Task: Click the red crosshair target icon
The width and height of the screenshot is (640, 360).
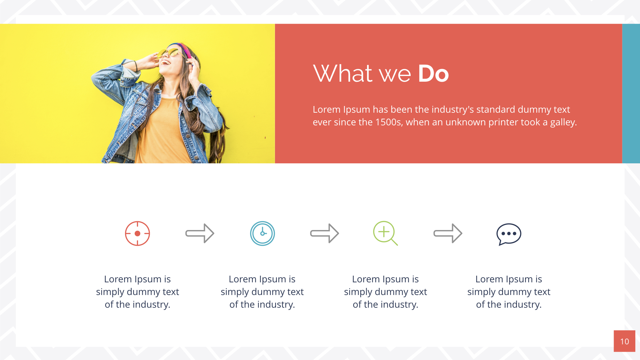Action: tap(137, 233)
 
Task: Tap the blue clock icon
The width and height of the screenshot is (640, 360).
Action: tap(262, 233)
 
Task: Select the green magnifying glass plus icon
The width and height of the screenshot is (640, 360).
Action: tap(385, 233)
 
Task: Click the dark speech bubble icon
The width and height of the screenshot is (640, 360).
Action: tap(509, 234)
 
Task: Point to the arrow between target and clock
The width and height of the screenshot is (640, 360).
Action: tap(200, 233)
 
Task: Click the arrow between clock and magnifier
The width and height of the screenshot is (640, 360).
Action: tap(325, 233)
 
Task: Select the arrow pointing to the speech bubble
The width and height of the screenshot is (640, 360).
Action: tap(448, 233)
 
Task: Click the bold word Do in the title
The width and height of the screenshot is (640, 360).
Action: tap(433, 74)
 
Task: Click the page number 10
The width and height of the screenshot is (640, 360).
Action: tap(624, 341)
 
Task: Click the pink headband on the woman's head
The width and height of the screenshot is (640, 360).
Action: tap(185, 50)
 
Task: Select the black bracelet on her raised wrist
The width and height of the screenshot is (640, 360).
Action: tap(136, 66)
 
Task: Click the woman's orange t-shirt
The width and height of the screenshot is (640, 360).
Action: tap(163, 133)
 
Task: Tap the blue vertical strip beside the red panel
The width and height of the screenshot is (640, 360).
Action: tap(631, 93)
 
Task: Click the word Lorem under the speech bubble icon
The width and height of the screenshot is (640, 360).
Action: tap(489, 279)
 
